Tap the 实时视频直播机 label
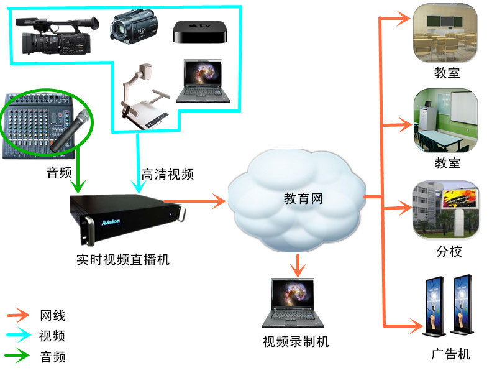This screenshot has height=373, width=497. tap(122, 259)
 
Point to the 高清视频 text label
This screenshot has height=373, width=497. tap(167, 174)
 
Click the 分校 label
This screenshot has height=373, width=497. tap(449, 252)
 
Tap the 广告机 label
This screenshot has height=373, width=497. tap(450, 354)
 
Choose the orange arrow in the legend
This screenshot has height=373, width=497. tap(19, 316)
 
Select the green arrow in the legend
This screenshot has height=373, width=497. tap(19, 357)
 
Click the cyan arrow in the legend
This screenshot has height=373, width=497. tap(19, 336)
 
